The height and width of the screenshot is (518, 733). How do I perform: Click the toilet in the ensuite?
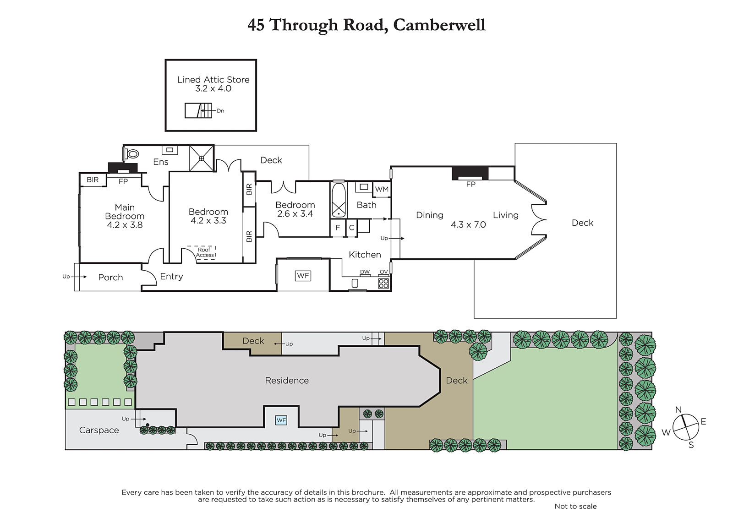point(131,153)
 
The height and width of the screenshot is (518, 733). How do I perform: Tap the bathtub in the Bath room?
point(339,200)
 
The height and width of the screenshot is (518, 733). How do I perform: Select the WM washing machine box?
point(382,189)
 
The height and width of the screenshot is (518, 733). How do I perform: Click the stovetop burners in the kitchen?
point(383,283)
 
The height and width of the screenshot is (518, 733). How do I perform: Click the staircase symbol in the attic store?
point(198,110)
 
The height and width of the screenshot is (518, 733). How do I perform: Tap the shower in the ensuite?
point(202,158)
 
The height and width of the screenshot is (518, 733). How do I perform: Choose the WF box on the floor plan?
point(303,276)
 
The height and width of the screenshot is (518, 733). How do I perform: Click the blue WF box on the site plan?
point(281,420)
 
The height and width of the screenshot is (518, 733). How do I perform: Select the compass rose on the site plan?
point(686,427)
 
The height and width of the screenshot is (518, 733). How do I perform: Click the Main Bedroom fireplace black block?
point(123,168)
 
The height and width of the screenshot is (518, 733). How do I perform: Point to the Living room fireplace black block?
point(470,174)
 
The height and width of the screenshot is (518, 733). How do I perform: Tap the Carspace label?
point(99,430)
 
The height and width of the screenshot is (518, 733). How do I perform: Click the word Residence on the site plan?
point(287,380)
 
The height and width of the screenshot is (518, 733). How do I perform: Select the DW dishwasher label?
point(365,272)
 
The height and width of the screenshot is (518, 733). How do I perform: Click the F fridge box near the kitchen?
point(338,228)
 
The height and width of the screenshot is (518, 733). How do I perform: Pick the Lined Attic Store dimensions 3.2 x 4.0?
point(213,88)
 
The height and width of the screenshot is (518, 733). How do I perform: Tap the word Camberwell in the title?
point(439,25)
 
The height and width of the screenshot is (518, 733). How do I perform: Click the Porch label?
point(110,278)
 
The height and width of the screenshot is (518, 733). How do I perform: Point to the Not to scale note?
point(575,506)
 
